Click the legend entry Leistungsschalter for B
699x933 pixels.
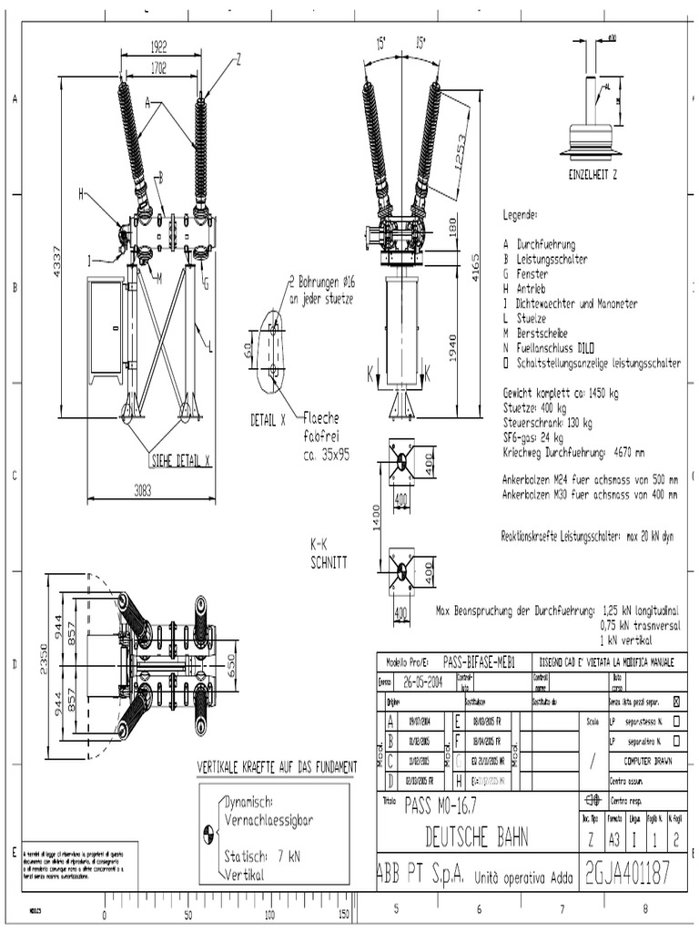pos(552,260)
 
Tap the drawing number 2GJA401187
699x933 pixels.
pos(629,875)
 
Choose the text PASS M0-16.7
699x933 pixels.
pos(440,805)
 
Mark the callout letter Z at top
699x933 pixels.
pos(238,57)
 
